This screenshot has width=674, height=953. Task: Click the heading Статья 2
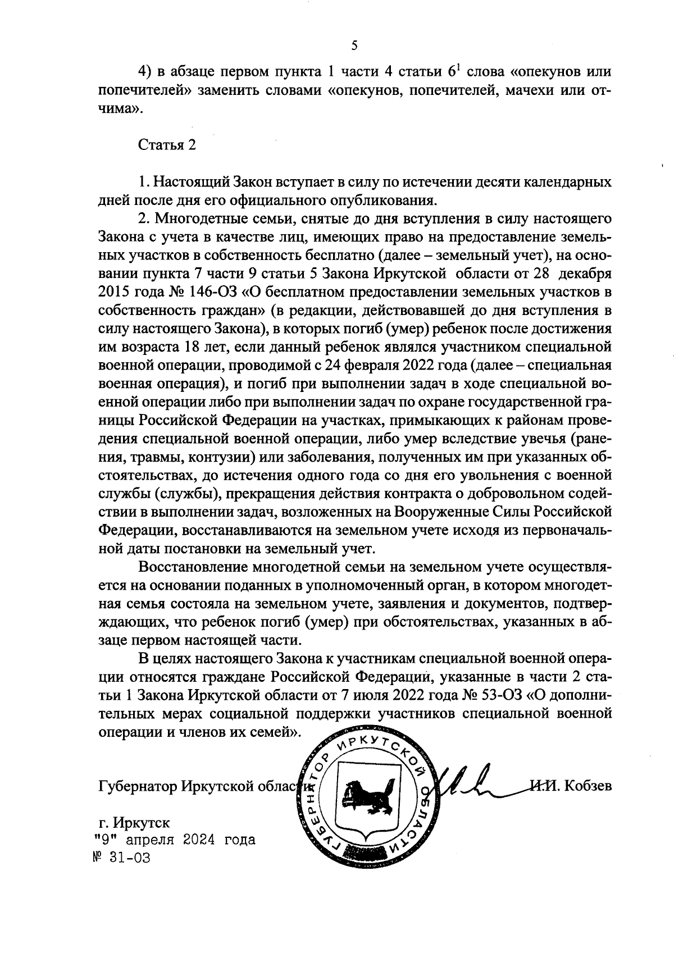pos(167,145)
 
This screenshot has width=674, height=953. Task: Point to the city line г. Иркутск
pos(134,823)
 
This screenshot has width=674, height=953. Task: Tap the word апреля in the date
pos(150,840)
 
